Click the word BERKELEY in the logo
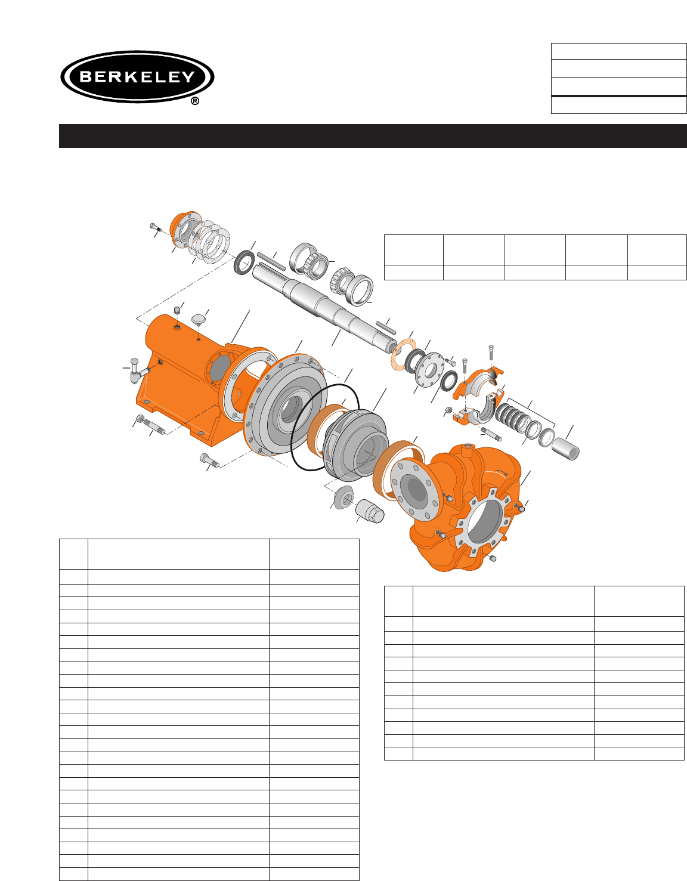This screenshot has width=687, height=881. coord(137,76)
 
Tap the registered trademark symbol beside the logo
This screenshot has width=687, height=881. coord(195,101)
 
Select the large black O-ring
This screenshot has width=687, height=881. coord(325,428)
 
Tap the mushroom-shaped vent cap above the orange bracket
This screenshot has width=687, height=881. coord(199,319)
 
